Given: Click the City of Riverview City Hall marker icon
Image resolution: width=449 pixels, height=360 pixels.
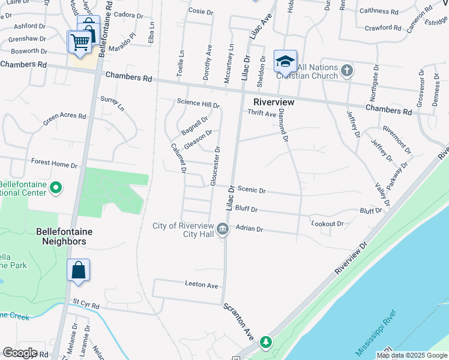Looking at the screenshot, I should pos(223,229).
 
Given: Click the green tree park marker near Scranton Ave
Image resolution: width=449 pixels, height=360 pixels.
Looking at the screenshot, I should pos(265,343).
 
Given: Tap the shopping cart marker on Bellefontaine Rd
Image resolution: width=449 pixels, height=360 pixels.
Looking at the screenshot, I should pos(79,43).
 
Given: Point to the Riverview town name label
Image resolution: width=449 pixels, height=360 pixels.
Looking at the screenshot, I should pos(274,102).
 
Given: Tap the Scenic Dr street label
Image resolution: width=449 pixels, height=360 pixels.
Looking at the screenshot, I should pos(252,190).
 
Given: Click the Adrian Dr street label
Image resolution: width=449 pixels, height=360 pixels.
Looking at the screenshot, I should pos(250,229).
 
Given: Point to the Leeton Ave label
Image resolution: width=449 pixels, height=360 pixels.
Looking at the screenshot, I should pos(202,285).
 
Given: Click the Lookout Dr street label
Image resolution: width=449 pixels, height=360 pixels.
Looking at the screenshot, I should pos(328,224).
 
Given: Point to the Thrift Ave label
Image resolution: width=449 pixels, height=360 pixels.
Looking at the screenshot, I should pos(262,113).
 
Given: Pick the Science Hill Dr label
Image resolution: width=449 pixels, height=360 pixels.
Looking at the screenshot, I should pos(198,103).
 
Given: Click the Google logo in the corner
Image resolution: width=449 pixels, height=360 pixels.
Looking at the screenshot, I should pos(20,353).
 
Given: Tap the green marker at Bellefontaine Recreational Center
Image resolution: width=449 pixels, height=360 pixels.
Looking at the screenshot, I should pos(56,188).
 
